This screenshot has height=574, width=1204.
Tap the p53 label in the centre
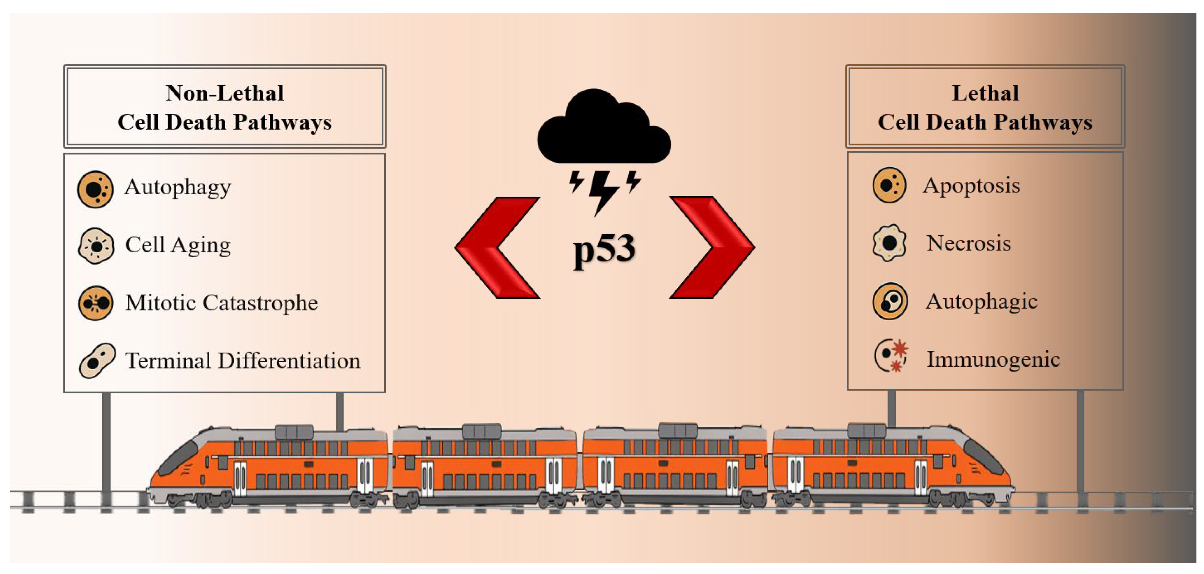[604, 249]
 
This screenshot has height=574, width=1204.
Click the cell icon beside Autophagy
[95, 189]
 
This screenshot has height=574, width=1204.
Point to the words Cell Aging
[178, 245]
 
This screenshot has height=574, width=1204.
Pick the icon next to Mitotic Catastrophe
[95, 303]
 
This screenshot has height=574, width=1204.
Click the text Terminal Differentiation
[243, 361]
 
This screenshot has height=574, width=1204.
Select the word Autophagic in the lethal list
[981, 302]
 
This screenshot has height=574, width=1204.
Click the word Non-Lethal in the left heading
[225, 93]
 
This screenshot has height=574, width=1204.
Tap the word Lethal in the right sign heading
[985, 93]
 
